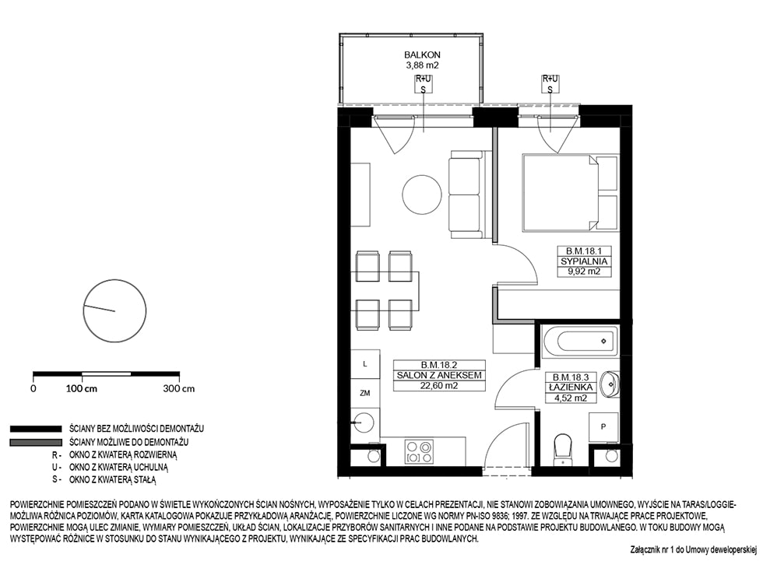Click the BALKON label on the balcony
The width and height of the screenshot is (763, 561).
pyautogui.click(x=422, y=55)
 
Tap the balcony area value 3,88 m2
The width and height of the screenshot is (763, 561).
pyautogui.click(x=422, y=65)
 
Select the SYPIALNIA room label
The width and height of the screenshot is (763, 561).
pyautogui.click(x=584, y=261)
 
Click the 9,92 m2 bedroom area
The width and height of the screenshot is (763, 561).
pyautogui.click(x=584, y=272)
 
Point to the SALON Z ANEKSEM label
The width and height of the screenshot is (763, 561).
pyautogui.click(x=439, y=375)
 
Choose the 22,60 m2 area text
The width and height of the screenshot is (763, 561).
pyautogui.click(x=439, y=386)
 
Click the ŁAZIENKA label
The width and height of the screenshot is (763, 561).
pyautogui.click(x=570, y=387)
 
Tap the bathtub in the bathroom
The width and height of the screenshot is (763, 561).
pyautogui.click(x=579, y=341)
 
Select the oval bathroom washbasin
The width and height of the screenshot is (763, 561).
pyautogui.click(x=609, y=384)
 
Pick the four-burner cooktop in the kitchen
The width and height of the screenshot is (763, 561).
pyautogui.click(x=419, y=451)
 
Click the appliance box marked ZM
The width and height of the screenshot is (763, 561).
pyautogui.click(x=365, y=393)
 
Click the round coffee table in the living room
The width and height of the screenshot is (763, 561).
pyautogui.click(x=422, y=193)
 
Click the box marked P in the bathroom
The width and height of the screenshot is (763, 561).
pyautogui.click(x=603, y=427)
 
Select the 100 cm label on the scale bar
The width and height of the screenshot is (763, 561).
pyautogui.click(x=81, y=389)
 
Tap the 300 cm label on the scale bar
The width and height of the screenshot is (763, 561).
pyautogui.click(x=178, y=389)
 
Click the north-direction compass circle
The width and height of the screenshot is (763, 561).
pyautogui.click(x=115, y=310)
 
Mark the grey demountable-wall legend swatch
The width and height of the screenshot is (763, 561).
pyautogui.click(x=36, y=443)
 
